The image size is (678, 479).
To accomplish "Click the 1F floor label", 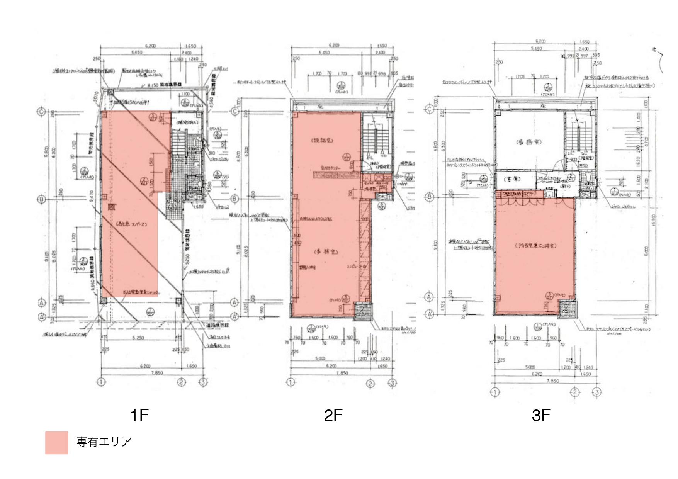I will [x=139, y=416].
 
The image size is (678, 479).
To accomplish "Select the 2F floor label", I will [x=333, y=416].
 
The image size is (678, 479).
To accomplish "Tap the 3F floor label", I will [x=540, y=416].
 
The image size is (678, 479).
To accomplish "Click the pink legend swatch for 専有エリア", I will [x=56, y=443].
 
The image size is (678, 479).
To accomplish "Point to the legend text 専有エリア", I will [x=104, y=442].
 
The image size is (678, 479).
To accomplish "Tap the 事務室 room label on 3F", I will [x=529, y=142].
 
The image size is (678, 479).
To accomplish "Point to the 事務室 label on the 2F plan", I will [x=325, y=251].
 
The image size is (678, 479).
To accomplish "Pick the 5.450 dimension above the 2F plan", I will [x=324, y=52].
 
